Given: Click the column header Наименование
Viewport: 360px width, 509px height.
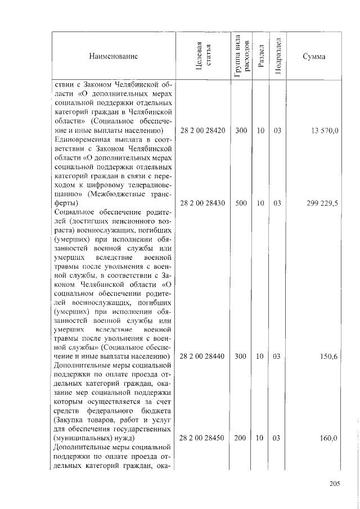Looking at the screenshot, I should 112,56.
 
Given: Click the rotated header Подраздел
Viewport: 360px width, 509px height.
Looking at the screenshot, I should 277,56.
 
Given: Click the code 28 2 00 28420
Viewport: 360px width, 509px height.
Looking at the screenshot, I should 202,130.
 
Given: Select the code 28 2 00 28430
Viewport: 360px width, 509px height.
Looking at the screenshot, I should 202,204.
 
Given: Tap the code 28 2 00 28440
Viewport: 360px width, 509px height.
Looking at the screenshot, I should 202,357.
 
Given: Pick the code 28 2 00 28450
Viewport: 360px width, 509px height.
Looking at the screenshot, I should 202,438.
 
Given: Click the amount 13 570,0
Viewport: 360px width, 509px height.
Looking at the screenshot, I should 323,130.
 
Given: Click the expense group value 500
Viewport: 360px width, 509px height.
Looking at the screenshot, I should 241,204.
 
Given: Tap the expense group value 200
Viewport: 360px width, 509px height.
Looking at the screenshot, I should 241,438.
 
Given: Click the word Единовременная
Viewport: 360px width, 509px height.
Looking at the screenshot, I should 82,140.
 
